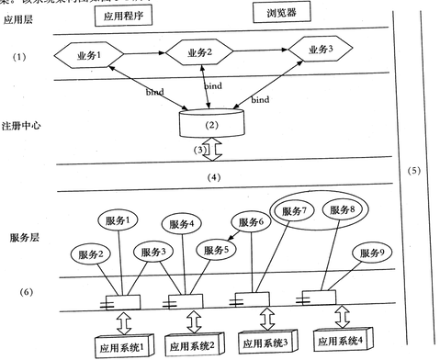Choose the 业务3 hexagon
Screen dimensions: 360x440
(318, 50)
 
